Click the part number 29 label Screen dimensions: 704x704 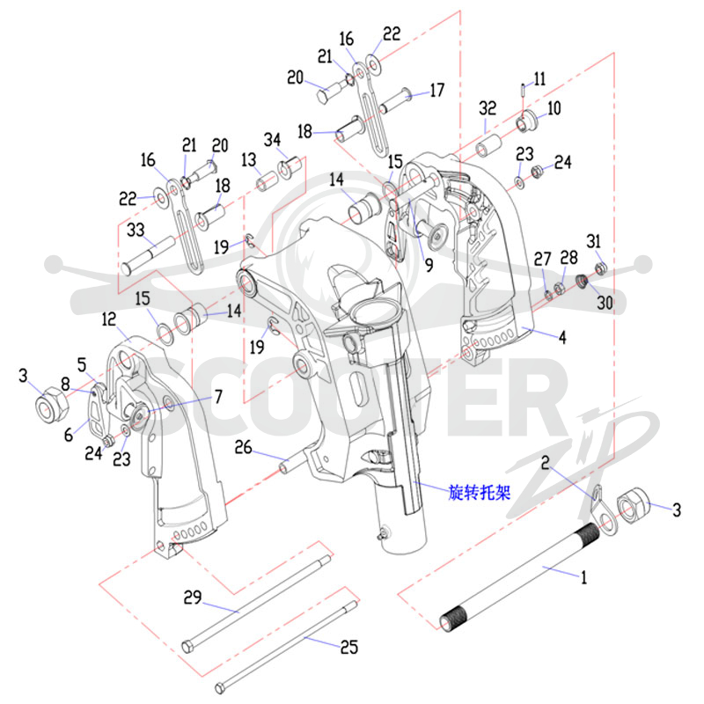coord(193,598)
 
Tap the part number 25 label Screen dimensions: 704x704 coord(348,647)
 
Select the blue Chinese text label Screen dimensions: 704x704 coord(480,493)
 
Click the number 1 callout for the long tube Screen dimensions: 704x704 coord(583,577)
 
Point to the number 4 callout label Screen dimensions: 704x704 coord(562,337)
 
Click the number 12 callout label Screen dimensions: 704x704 coord(109,319)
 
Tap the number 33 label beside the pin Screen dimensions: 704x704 coord(136,230)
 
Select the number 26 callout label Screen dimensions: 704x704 coord(244,447)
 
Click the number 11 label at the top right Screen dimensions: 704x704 coord(539,79)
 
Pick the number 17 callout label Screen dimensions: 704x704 coord(436,91)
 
